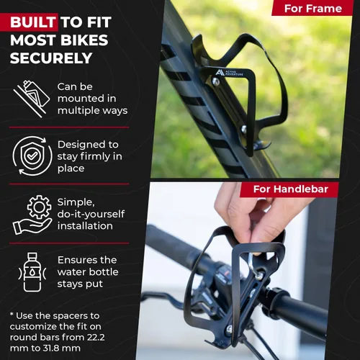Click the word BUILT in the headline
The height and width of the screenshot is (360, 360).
[33, 22]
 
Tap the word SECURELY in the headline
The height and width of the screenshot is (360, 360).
[51, 58]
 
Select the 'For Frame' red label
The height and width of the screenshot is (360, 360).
[313, 9]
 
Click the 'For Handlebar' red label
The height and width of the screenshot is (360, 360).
[291, 189]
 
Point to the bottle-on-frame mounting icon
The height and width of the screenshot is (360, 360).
[31, 99]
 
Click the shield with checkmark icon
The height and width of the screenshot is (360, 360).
[32, 156]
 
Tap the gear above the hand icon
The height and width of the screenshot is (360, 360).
[39, 207]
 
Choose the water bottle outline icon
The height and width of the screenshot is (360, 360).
[32, 272]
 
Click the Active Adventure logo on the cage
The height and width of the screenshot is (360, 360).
[229, 73]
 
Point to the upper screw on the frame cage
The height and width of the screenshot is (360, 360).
[215, 82]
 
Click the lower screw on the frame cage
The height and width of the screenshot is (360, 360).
[244, 129]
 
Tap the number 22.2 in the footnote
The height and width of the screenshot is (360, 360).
[96, 337]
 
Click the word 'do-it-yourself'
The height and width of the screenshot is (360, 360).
[91, 214]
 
